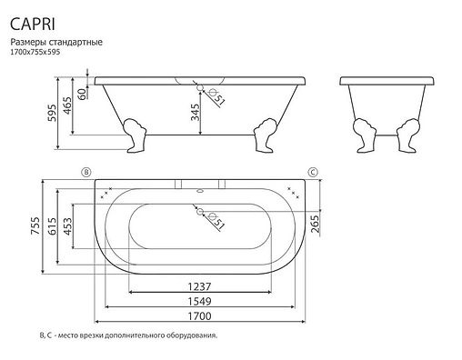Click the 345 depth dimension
pos(193,112)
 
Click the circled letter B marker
pos(87,171)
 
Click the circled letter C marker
pos(312,171)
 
